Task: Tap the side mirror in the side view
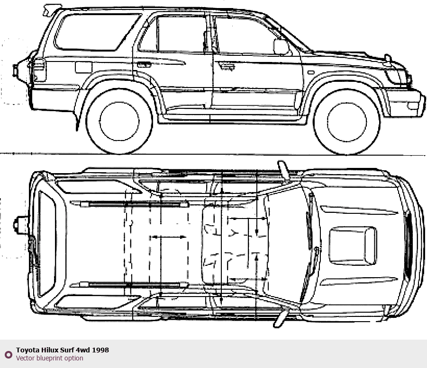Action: tap(281, 46)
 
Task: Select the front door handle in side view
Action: tap(227, 67)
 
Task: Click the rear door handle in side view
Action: tap(144, 65)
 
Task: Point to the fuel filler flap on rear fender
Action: tap(83, 67)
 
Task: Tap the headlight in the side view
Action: tap(397, 77)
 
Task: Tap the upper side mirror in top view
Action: tap(283, 170)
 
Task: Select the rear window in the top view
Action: tap(47, 244)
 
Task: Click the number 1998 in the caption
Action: tap(100, 350)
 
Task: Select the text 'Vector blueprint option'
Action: tap(49, 358)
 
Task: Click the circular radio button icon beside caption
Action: tap(8, 354)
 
